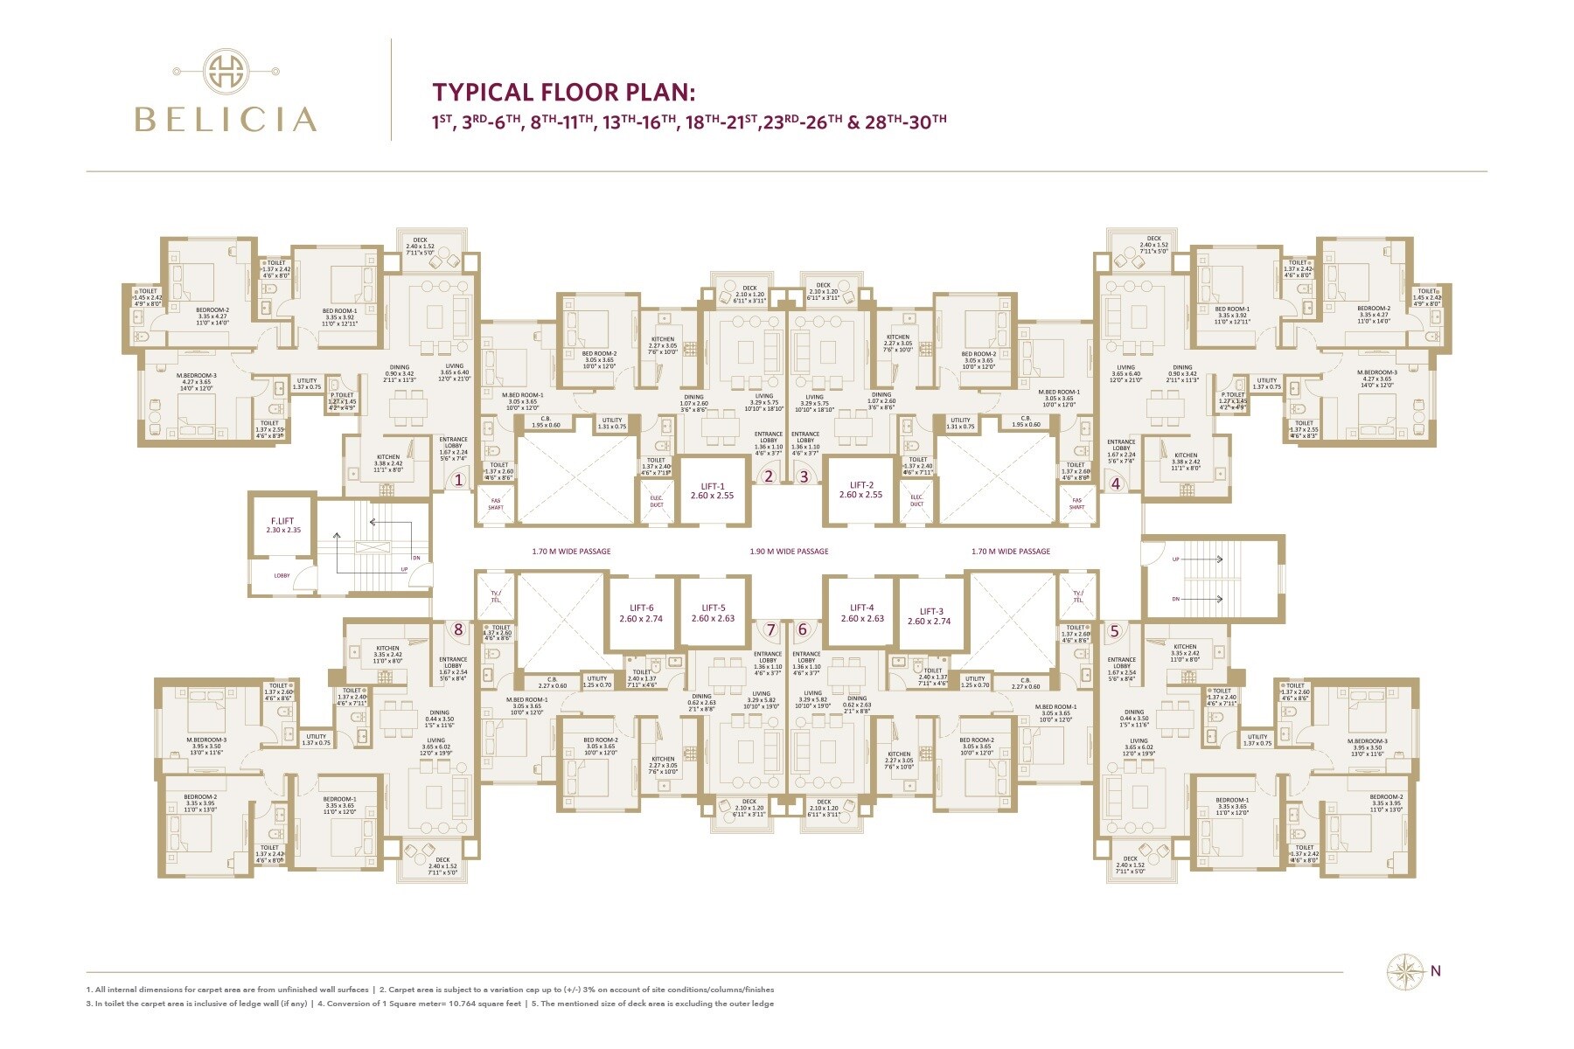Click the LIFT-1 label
[713, 486]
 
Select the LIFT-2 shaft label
[861, 485]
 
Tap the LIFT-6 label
[641, 608]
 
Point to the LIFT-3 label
[931, 612]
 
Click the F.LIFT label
[282, 521]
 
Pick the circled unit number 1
[456, 479]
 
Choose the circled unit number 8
[457, 629]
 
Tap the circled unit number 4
[1115, 483]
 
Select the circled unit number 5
[1114, 630]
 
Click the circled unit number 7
[770, 629]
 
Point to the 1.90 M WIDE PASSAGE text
[789, 552]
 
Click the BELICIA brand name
[226, 119]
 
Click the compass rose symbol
[1404, 971]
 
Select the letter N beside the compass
[1436, 970]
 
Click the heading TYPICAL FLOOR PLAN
[564, 93]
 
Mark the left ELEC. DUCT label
[657, 501]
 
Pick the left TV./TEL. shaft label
[494, 596]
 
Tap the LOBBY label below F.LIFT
[282, 576]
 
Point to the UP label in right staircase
[1175, 559]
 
